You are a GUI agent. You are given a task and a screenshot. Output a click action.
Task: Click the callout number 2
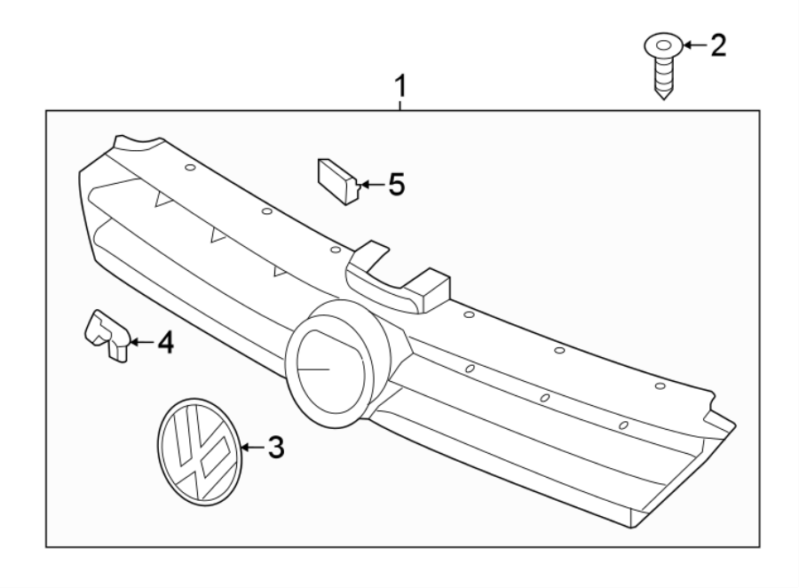pyautogui.click(x=716, y=45)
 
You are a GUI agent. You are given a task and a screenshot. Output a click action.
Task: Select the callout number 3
pyautogui.click(x=275, y=449)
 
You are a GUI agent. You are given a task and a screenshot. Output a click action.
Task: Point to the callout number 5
pyautogui.click(x=395, y=185)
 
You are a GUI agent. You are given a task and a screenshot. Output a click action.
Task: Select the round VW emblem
pyautogui.click(x=198, y=453)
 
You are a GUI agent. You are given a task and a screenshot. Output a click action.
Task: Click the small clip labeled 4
pyautogui.click(x=107, y=335)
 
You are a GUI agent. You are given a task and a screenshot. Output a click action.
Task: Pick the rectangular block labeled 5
pyautogui.click(x=336, y=180)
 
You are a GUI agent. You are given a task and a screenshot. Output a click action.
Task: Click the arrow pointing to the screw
pyautogui.click(x=693, y=44)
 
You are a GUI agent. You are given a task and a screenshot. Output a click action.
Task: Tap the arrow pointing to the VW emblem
pyautogui.click(x=251, y=449)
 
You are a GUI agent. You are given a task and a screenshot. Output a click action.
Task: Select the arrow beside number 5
pyautogui.click(x=370, y=185)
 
